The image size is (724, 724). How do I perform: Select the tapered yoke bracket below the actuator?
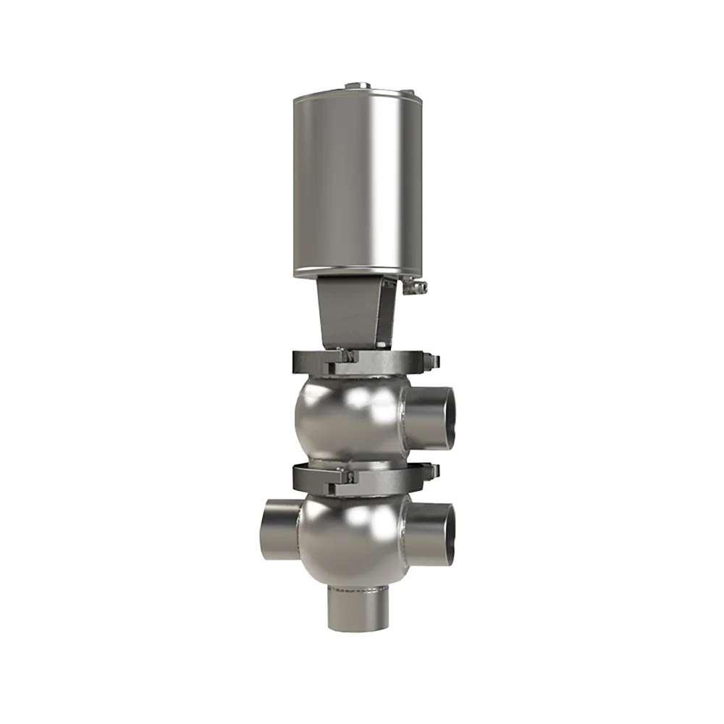(353, 311)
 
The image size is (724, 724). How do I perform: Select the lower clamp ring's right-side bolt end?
(433, 472)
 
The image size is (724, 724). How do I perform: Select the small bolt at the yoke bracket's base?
(350, 355)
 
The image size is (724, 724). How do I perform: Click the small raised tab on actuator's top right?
(407, 93)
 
